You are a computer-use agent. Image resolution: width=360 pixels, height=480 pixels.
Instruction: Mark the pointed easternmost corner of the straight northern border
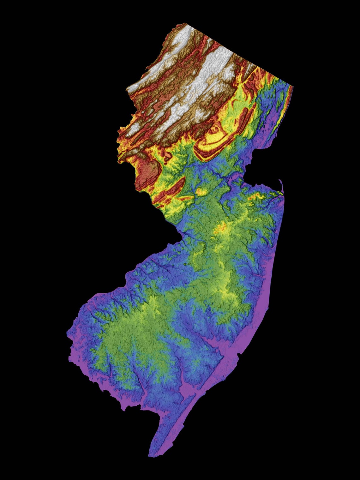tap(293, 86)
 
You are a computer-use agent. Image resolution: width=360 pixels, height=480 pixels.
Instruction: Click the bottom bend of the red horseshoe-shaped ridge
tap(205, 158)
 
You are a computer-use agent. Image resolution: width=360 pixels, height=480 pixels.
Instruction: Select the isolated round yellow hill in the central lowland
tap(201, 191)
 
